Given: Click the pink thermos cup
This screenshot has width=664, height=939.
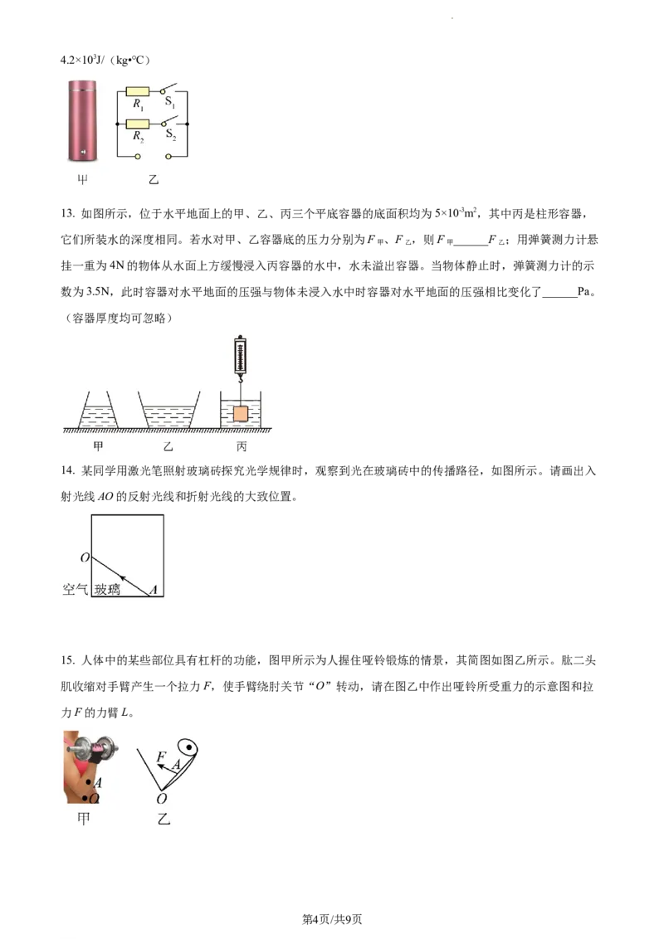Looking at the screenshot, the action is click(82, 122).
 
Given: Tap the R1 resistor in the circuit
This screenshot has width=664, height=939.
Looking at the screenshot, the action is click(137, 91).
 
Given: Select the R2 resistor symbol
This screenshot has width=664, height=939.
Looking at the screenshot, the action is click(137, 124).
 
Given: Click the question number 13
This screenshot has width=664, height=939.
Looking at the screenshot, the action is click(67, 214).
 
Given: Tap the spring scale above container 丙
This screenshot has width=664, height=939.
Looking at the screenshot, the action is click(241, 358).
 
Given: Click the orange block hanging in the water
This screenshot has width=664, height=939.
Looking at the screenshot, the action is click(241, 413).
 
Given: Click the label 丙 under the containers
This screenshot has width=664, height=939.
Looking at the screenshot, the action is click(241, 446).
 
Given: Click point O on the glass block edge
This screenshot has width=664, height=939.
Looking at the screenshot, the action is click(85, 557).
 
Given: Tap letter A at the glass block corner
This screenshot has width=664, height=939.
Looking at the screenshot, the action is click(154, 590).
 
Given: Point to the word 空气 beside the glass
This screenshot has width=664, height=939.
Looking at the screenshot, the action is click(75, 589).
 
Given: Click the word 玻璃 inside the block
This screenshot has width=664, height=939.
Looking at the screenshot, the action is click(107, 589).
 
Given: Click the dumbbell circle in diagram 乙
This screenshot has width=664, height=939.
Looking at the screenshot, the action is click(189, 747).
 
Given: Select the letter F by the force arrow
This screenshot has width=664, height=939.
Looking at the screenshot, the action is click(161, 757).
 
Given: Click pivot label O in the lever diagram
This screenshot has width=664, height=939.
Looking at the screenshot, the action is click(161, 799).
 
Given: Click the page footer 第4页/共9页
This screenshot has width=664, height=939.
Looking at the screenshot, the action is click(332, 919).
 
